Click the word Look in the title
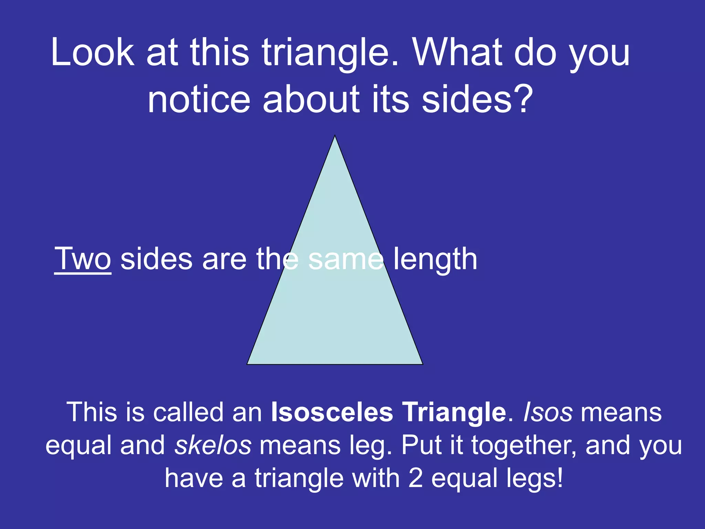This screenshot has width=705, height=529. (93, 53)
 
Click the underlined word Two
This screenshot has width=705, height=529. (83, 259)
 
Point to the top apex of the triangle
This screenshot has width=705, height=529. (335, 136)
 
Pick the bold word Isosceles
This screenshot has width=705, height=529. (332, 412)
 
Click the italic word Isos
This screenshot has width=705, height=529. (548, 412)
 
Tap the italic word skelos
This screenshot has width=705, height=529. (213, 445)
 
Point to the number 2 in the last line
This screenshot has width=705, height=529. (415, 478)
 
